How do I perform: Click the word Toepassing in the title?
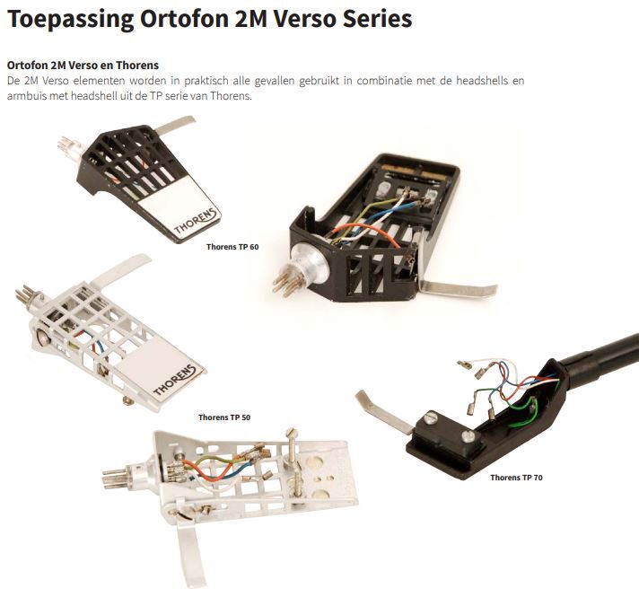[71, 19]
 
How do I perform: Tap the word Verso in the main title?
[303, 19]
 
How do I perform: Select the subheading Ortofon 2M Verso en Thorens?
[83, 66]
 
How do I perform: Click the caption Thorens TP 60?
[232, 247]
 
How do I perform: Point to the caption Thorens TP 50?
[224, 417]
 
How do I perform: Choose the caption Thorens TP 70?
[516, 478]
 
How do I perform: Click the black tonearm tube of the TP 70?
[600, 355]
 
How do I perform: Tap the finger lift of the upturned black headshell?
[458, 287]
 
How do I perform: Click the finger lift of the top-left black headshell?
[174, 125]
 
